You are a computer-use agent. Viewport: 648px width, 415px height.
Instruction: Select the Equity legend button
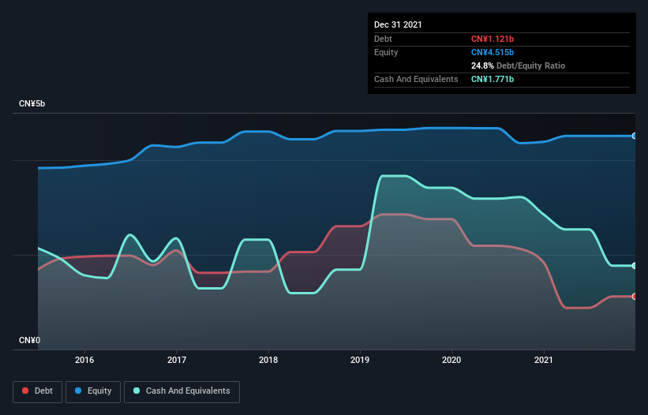93,391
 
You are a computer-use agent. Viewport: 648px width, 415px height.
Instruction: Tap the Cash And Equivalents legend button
182,391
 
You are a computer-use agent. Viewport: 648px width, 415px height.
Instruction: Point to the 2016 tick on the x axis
84,360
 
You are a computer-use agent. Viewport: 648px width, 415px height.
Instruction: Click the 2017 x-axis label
177,360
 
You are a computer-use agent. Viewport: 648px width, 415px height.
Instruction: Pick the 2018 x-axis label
268,360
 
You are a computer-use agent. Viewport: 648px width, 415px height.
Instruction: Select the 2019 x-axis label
360,360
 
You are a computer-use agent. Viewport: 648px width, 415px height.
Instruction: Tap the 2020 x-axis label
451,360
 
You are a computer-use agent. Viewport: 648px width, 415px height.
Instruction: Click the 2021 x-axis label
544,360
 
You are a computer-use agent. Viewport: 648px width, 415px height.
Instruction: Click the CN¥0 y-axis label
31,340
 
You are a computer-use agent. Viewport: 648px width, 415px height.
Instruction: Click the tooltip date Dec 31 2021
398,24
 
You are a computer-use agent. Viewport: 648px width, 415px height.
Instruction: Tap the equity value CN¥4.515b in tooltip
493,52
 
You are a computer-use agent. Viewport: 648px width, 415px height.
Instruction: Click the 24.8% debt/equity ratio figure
483,65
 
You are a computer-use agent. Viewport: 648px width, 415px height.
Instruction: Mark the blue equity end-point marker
635,136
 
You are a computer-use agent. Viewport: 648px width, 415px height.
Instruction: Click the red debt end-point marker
635,297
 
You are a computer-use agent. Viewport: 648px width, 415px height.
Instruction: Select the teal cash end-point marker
635,266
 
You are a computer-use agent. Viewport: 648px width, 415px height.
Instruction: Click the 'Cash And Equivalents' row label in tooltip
416,80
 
